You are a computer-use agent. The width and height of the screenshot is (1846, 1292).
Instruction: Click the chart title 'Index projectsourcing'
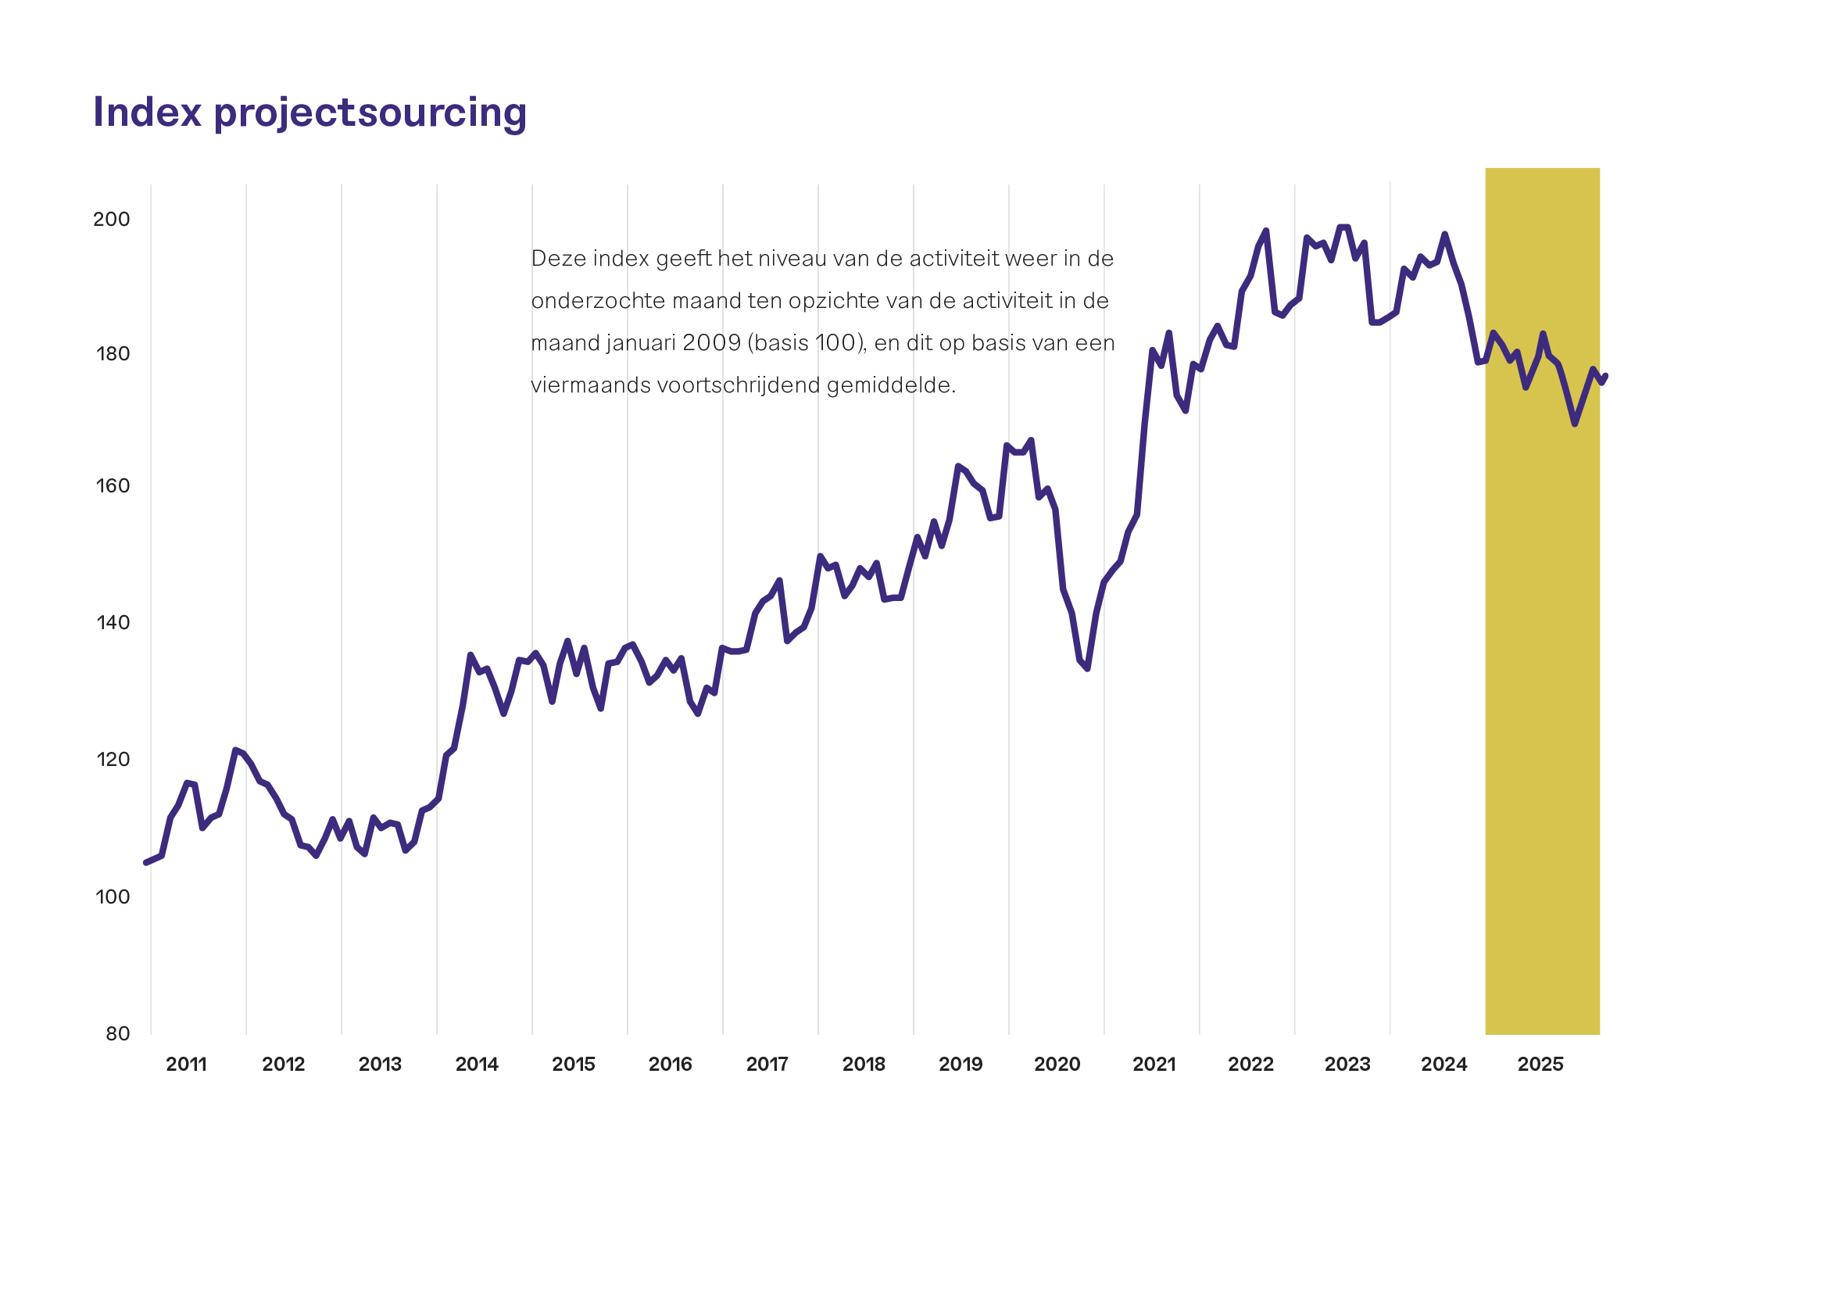pos(309,113)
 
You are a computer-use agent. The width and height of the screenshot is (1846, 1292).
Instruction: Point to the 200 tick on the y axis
pos(111,220)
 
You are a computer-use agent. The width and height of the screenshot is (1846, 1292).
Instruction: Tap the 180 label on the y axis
pos(113,354)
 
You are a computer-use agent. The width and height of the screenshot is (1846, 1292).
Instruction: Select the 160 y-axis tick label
pos(113,486)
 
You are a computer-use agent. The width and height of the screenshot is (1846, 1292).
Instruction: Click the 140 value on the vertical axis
pos(113,623)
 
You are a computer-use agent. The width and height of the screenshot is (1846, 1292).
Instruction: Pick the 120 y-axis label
pos(113,760)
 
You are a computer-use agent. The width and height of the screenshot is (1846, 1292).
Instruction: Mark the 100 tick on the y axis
pos(113,897)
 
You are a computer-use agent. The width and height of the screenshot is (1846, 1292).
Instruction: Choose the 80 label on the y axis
pos(117,1034)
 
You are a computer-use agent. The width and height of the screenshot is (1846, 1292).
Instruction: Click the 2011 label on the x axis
pos(187,1065)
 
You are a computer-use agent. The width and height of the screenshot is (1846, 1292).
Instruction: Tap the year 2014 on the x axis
pos(477,1065)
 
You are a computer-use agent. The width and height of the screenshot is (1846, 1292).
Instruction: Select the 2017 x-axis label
pos(767,1065)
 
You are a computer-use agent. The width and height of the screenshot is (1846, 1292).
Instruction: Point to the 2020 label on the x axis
pos(1057,1065)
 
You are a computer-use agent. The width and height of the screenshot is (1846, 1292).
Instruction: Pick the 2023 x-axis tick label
pos(1347,1065)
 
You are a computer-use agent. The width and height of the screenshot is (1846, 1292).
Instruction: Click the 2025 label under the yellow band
pos(1540,1065)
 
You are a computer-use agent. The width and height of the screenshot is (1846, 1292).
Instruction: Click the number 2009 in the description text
pos(711,343)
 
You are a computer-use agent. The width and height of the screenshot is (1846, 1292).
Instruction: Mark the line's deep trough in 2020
pos(1087,668)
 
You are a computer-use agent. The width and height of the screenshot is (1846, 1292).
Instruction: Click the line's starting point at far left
pos(145,863)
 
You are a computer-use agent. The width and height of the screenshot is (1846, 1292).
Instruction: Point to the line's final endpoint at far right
pos(1605,375)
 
